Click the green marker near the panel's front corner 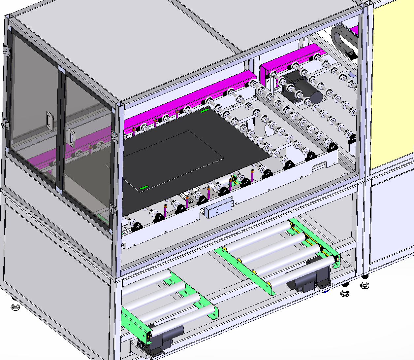(144, 188)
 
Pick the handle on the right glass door (71, 137)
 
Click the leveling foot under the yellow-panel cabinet (365, 284)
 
